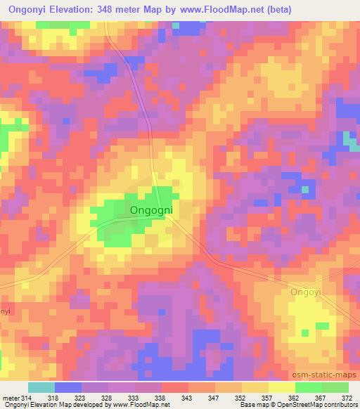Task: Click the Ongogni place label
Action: click(152, 209)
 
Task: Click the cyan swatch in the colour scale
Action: click(41, 387)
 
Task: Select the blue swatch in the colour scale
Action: click(68, 387)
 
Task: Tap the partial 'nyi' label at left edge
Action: click(4, 311)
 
